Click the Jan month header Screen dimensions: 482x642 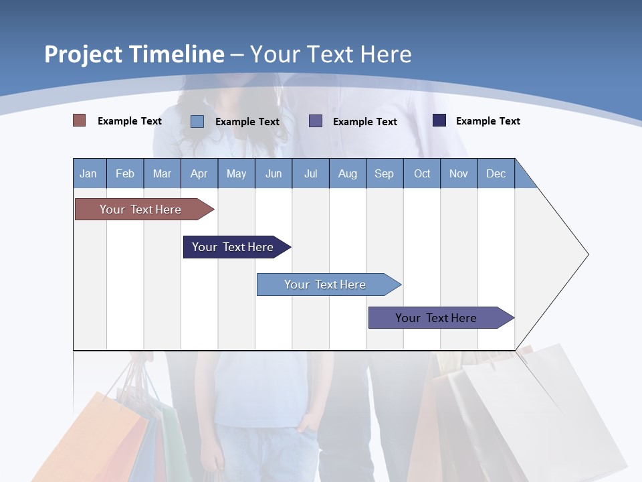point(89,173)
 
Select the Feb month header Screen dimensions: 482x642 point(125,173)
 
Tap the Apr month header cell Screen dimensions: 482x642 point(199,173)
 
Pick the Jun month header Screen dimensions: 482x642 point(274,173)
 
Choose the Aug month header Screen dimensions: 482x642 point(348,173)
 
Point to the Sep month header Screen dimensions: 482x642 point(385,173)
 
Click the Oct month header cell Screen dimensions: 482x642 point(422,173)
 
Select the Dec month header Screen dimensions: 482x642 point(496,173)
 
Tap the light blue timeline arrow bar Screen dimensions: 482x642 point(326,285)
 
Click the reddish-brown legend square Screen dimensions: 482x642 point(80,120)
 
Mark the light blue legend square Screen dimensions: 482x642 point(197,121)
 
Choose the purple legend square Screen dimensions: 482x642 point(316,120)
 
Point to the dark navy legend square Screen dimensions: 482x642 point(439,120)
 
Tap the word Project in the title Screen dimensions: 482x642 point(81,54)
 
